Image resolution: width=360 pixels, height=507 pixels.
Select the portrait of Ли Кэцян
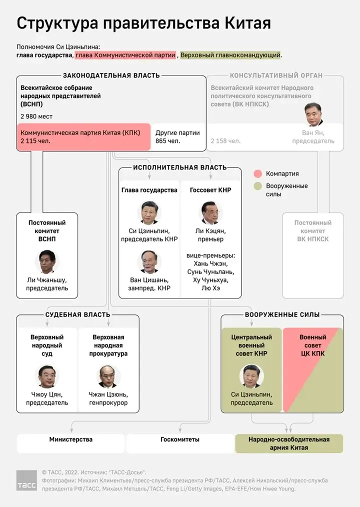click(x=211, y=213)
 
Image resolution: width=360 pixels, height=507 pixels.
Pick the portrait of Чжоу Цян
click(x=47, y=376)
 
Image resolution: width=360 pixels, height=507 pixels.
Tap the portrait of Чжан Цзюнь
click(x=108, y=376)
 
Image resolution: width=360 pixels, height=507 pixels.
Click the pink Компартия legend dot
click(x=258, y=173)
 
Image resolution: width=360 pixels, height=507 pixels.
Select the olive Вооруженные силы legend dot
click(x=258, y=186)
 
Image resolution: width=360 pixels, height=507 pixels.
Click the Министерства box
click(x=70, y=440)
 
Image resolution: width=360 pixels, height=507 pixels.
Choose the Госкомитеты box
click(x=180, y=440)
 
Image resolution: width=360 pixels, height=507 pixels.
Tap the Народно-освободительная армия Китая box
click(x=289, y=443)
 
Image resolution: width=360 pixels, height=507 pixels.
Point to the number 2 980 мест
click(x=36, y=116)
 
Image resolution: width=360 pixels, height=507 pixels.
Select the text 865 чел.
click(x=168, y=141)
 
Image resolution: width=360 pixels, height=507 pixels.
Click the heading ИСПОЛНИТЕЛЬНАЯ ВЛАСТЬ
click(x=179, y=167)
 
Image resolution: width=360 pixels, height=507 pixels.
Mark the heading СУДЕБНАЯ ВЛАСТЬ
click(x=77, y=315)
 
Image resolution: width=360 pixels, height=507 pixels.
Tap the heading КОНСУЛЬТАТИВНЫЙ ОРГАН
click(x=276, y=75)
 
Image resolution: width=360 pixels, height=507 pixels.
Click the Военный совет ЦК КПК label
click(x=312, y=345)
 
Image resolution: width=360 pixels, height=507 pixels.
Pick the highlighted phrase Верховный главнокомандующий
click(x=230, y=55)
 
